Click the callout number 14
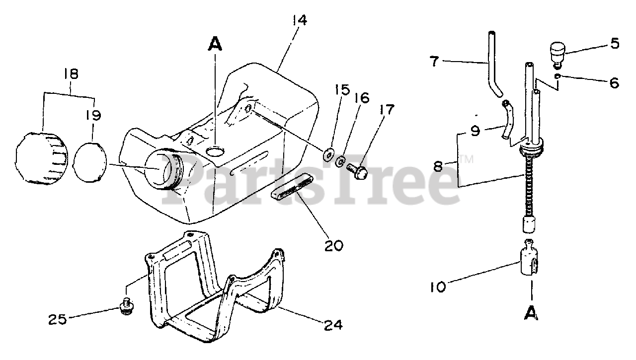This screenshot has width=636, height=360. click(300, 21)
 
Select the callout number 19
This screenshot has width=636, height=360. click(93, 116)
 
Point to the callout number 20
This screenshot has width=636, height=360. click(333, 245)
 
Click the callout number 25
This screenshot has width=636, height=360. click(58, 319)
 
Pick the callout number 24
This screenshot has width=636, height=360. click(333, 325)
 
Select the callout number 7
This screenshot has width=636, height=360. click(435, 62)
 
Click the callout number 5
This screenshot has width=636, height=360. click(615, 44)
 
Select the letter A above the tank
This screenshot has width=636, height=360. click(215, 45)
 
